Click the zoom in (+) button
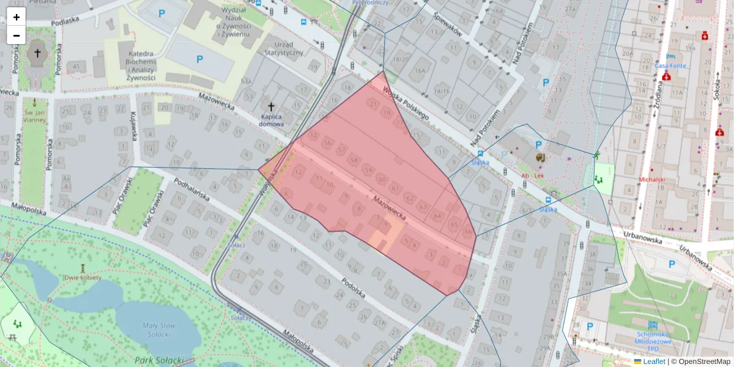pyautogui.click(x=17, y=17)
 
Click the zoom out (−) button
pyautogui.click(x=17, y=35)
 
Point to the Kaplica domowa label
pyautogui.click(x=272, y=120)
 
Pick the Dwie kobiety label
pyautogui.click(x=82, y=277)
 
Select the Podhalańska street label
pyautogui.click(x=192, y=190)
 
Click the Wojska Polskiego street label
pyautogui.click(x=406, y=103)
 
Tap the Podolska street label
pyautogui.click(x=354, y=288)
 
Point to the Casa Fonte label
pyautogui.click(x=670, y=65)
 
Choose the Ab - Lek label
pyautogui.click(x=532, y=176)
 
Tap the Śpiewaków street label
pyautogui.click(x=447, y=25)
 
